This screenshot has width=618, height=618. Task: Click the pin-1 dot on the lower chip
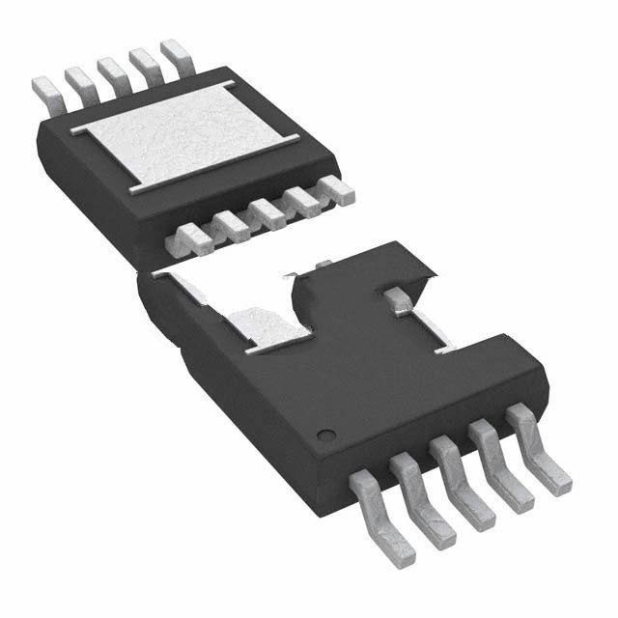(325, 431)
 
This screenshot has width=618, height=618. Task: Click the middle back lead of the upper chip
(111, 70)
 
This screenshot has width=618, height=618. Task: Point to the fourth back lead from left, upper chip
(142, 60)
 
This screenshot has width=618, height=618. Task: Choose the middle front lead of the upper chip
(267, 212)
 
